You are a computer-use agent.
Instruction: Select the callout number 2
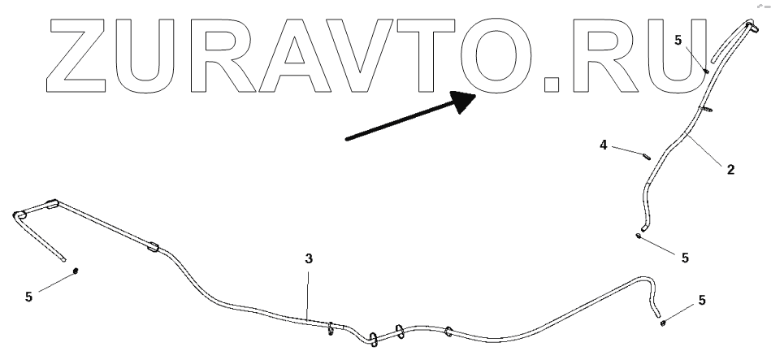[730, 170]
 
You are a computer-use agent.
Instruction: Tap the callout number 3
[309, 258]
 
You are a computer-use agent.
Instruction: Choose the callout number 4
[603, 145]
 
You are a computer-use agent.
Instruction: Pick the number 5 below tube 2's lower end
[685, 258]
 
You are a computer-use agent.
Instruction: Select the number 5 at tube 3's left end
[28, 297]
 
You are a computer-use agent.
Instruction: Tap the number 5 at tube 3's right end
[702, 300]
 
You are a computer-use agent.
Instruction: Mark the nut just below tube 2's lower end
[640, 236]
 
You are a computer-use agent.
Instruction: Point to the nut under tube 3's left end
[76, 270]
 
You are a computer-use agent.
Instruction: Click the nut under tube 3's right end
[664, 322]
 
